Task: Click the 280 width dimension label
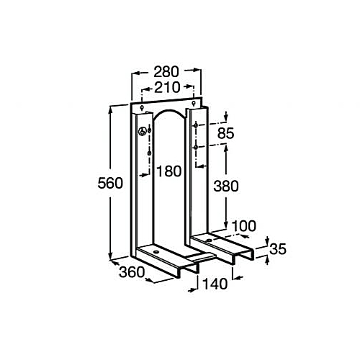166,72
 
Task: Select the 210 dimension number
167,87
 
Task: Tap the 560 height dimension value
110,183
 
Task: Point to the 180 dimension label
168,171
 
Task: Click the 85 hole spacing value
225,133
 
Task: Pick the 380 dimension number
226,186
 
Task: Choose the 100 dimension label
244,226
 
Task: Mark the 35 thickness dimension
278,249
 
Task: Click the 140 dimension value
215,284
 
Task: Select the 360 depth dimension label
132,272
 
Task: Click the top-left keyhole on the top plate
142,108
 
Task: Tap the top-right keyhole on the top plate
194,104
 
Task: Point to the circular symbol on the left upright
142,131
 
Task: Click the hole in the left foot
156,252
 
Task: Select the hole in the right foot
209,240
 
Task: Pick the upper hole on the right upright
196,125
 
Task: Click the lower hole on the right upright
196,147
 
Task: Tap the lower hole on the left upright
150,153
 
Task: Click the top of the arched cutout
169,110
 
